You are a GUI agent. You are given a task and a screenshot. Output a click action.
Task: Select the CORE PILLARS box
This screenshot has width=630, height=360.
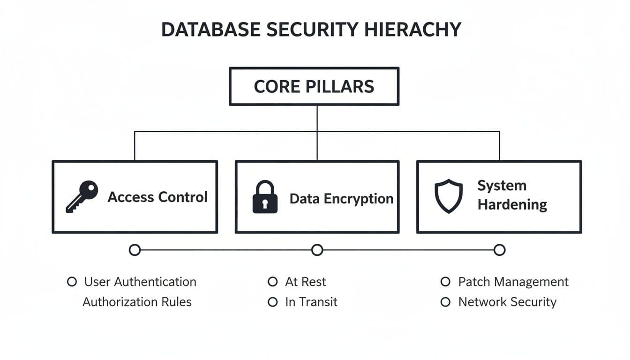tap(314, 87)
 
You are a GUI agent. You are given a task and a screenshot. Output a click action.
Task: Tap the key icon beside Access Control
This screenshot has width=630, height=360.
tap(82, 196)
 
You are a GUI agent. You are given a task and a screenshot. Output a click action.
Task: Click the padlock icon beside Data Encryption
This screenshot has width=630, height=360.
tap(265, 197)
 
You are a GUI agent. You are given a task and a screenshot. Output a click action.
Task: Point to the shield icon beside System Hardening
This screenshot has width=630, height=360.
tap(448, 196)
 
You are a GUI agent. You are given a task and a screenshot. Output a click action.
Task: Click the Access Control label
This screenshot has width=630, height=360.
tap(157, 197)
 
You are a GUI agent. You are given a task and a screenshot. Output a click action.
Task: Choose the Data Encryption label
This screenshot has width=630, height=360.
tap(341, 199)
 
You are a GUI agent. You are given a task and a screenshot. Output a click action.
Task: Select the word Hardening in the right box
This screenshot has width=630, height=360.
tap(512, 205)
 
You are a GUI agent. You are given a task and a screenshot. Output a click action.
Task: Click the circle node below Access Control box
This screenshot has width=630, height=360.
tap(135, 250)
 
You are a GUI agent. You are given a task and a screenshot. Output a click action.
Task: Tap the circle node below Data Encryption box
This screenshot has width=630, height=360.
tap(317, 250)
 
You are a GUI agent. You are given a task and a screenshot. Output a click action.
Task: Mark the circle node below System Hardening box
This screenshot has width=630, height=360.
tap(500, 250)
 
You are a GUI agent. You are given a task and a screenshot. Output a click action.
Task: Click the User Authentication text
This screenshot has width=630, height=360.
tap(140, 282)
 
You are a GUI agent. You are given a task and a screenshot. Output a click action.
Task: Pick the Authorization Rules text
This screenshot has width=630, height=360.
tap(137, 302)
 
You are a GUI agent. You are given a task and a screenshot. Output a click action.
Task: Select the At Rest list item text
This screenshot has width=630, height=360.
tap(305, 282)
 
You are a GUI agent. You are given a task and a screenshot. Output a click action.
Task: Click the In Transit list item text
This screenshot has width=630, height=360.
tap(311, 302)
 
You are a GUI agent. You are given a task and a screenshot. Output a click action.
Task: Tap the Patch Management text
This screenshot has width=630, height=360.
tap(513, 282)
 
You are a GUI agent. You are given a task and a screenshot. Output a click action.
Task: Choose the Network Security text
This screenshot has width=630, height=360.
tap(507, 302)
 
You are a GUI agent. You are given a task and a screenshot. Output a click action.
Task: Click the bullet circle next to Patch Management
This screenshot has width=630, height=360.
tap(446, 282)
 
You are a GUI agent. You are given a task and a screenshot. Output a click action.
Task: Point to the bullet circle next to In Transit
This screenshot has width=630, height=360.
tap(272, 302)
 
